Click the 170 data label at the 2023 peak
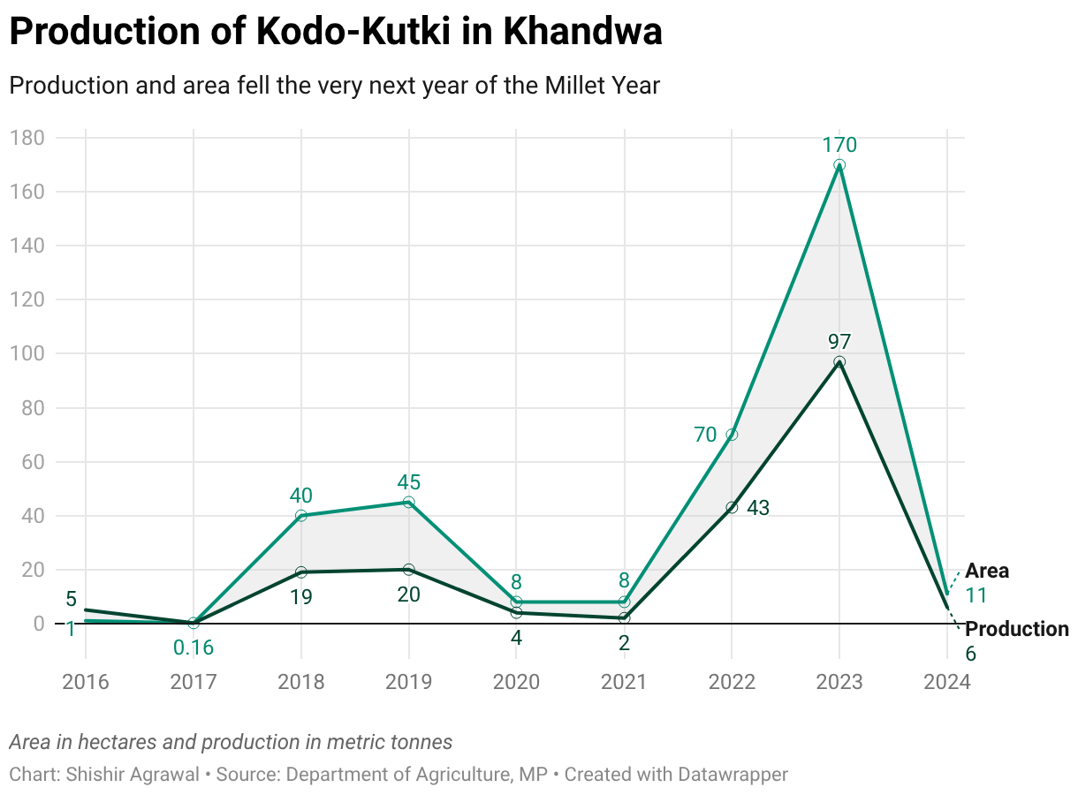(839, 145)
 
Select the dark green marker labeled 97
(839, 362)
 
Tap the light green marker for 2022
(732, 435)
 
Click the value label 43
(758, 508)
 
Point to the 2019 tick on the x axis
(408, 682)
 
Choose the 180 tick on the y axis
(27, 138)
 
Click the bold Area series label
(986, 571)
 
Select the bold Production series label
(1016, 629)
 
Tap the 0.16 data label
(194, 647)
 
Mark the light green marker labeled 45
(408, 503)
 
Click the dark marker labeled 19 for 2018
(301, 572)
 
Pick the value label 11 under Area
(976, 595)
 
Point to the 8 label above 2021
(624, 581)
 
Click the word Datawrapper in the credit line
(733, 775)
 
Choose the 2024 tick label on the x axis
(946, 682)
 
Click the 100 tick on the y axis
(27, 353)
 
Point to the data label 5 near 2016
(72, 600)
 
